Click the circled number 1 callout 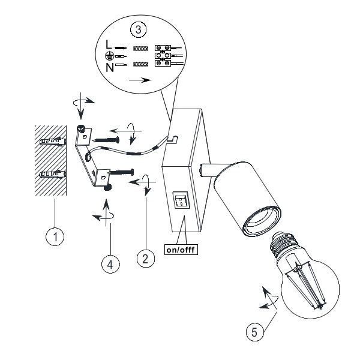[55, 238]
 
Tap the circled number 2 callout [143, 259]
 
